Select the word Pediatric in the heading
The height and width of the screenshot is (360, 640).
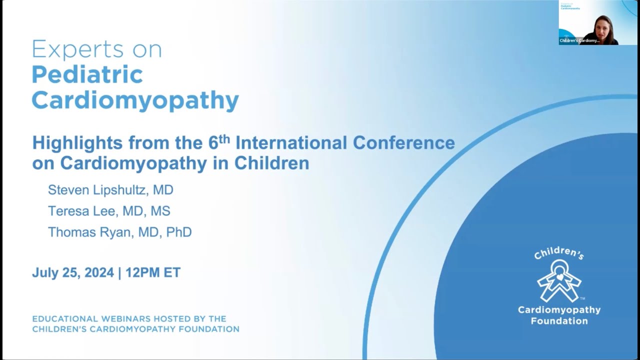click(x=87, y=75)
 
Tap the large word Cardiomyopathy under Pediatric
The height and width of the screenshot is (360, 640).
click(x=135, y=100)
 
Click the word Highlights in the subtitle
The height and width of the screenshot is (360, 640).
click(x=77, y=143)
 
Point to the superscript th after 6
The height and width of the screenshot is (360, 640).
click(x=224, y=138)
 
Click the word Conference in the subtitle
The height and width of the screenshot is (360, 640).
click(x=404, y=143)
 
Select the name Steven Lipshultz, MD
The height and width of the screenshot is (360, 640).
click(x=110, y=190)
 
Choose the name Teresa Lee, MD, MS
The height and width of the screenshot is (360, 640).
click(x=109, y=211)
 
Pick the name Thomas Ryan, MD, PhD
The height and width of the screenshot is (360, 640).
click(x=119, y=232)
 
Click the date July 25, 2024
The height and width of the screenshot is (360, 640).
click(x=73, y=272)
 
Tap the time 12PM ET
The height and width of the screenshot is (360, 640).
click(x=153, y=272)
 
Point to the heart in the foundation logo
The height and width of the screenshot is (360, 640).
click(x=559, y=276)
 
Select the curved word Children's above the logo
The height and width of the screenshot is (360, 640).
click(x=558, y=253)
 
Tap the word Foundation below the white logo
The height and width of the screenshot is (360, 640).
click(x=559, y=321)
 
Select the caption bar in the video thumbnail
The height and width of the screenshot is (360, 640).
click(x=579, y=40)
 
